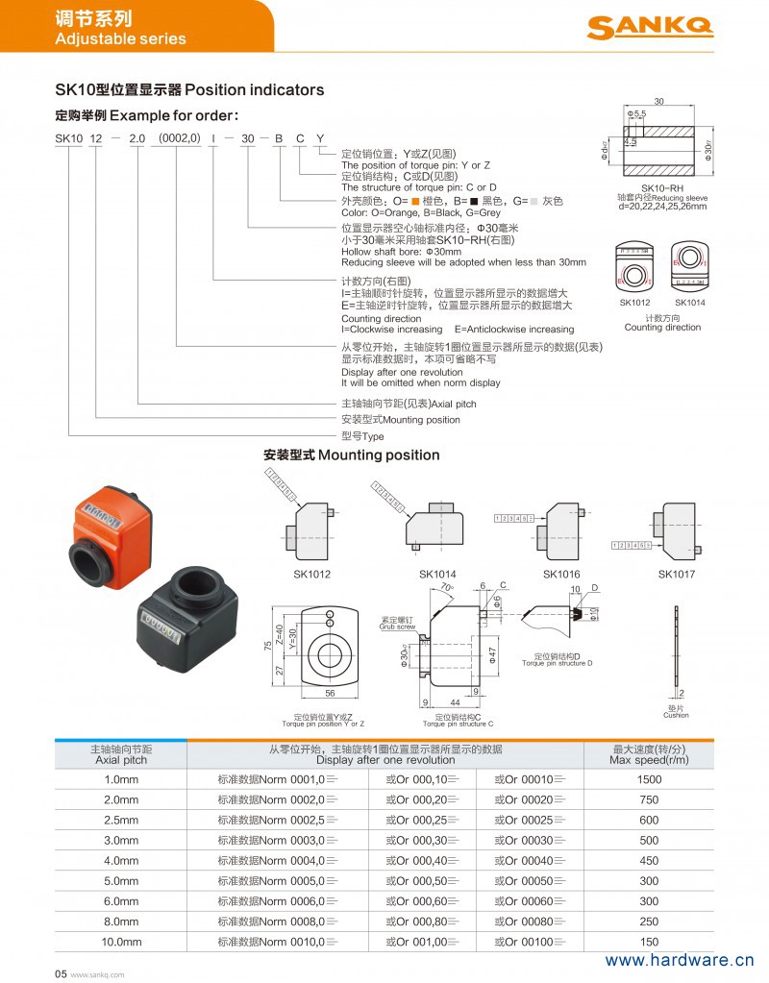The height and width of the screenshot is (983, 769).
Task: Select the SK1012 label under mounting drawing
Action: (311, 574)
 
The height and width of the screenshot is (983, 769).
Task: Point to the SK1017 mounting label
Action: (676, 574)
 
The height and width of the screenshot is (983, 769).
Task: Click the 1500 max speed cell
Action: (649, 779)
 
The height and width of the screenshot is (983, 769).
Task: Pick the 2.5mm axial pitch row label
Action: (121, 820)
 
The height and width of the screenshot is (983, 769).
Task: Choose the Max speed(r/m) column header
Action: (649, 754)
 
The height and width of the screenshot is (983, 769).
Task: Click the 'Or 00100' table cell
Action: (530, 942)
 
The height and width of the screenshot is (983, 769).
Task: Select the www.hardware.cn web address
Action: (679, 960)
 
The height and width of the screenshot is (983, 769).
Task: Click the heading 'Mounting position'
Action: (351, 455)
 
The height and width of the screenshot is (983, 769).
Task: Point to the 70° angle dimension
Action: (446, 587)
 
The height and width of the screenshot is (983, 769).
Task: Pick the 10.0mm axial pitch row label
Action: (121, 942)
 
